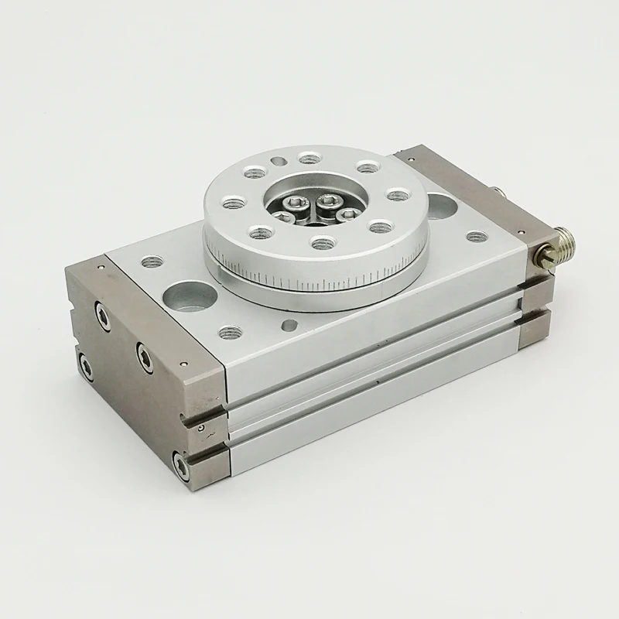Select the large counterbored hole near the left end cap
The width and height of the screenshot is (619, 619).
point(188,296)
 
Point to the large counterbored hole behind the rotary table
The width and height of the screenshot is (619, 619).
point(439,205)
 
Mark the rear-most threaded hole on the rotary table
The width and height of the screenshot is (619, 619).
point(309,159)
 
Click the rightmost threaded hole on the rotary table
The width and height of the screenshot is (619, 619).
point(396,194)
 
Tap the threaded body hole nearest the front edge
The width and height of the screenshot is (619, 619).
point(227,332)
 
